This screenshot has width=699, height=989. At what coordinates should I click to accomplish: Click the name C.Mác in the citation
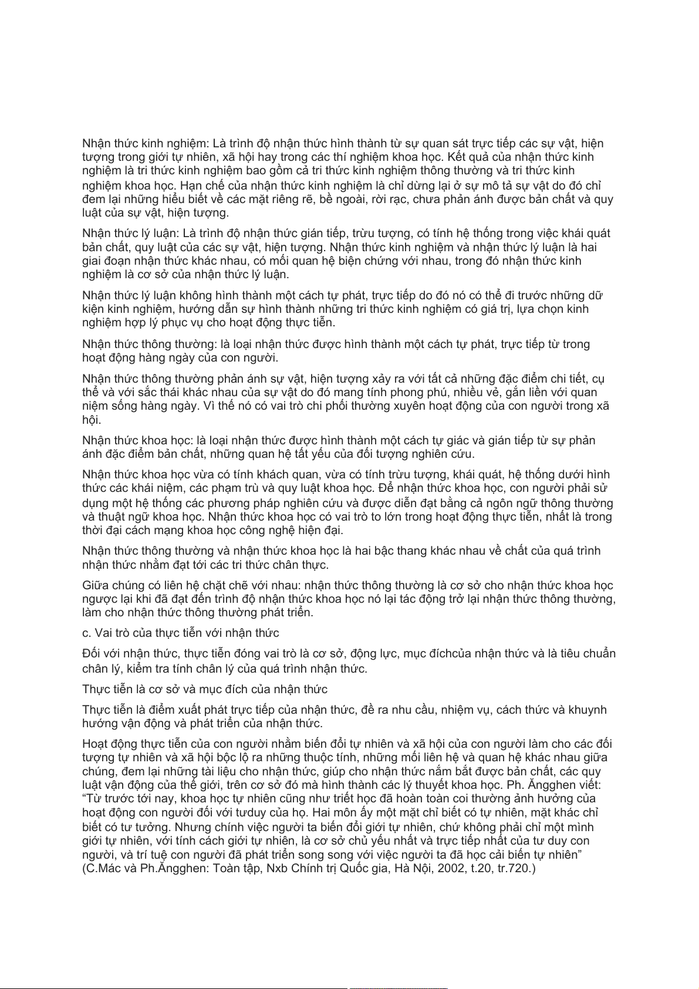(104, 869)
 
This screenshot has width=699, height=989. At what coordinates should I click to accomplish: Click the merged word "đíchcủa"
(450, 654)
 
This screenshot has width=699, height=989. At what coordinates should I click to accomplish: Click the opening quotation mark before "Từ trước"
(85, 799)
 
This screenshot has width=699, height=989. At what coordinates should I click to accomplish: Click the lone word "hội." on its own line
(92, 420)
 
